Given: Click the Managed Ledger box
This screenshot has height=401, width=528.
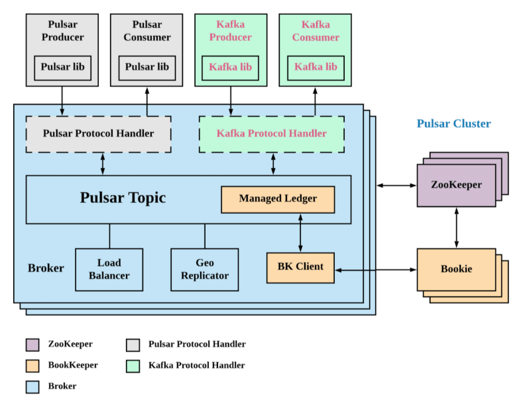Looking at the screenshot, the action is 278,200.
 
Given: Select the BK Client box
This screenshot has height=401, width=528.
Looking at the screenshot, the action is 300,268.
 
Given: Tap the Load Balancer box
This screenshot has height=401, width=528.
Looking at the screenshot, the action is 109,269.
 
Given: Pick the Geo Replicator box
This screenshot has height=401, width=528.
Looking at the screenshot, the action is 205,269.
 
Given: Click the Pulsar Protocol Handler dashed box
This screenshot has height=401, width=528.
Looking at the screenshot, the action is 98,134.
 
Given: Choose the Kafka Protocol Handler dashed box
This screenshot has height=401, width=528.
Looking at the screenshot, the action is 272,134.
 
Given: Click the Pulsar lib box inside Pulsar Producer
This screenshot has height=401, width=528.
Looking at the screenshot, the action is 62,68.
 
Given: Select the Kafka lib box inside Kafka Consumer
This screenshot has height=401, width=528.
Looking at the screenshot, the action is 316,68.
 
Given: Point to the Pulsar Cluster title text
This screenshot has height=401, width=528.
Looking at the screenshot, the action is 454,123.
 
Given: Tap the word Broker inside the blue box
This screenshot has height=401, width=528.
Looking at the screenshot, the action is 46,268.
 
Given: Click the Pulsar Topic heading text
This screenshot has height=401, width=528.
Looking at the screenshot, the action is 123,198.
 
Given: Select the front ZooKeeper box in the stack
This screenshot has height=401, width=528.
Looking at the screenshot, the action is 456,185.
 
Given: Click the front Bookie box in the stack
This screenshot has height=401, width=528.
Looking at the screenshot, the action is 456,269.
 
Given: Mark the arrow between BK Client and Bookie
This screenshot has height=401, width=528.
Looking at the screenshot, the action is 376,270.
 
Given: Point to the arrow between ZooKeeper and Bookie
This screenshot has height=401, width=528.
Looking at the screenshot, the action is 457,228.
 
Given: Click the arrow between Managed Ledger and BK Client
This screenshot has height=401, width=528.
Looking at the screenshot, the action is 300,233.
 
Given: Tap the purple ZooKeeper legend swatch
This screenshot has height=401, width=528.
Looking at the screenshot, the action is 32,345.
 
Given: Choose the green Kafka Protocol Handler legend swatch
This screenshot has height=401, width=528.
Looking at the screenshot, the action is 133,366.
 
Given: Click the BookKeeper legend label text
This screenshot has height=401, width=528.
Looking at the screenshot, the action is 73,365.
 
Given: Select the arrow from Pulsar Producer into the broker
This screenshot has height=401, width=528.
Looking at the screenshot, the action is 62,101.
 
